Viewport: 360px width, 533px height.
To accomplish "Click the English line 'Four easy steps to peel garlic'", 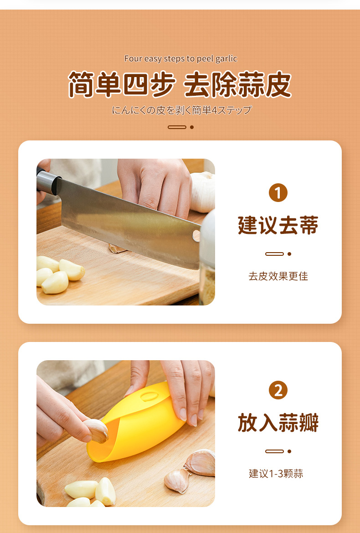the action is click(x=180, y=58).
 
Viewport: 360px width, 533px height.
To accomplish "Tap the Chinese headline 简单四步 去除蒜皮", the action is click(x=180, y=84).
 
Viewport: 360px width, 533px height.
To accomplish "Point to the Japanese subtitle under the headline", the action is click(x=182, y=110).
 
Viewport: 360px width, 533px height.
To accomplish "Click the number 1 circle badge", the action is click(x=278, y=193).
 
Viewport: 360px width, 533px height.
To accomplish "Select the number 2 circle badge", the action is click(x=278, y=390).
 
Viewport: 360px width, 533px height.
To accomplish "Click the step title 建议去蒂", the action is click(x=278, y=225).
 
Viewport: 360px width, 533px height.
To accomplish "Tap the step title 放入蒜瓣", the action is click(x=278, y=423).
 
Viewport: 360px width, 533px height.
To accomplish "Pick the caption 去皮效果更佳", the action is click(x=278, y=276).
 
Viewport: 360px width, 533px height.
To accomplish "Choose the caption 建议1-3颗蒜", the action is click(x=276, y=474).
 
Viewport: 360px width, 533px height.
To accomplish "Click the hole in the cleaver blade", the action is click(x=196, y=236).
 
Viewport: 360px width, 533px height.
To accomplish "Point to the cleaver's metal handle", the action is click(x=47, y=182).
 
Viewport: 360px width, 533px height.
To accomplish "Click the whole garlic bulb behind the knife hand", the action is click(x=203, y=192).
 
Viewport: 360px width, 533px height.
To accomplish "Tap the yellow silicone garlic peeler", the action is click(x=136, y=423).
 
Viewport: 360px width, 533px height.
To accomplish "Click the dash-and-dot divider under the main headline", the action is click(x=180, y=127).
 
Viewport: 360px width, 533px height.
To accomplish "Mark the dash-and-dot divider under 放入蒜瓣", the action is click(x=278, y=451).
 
